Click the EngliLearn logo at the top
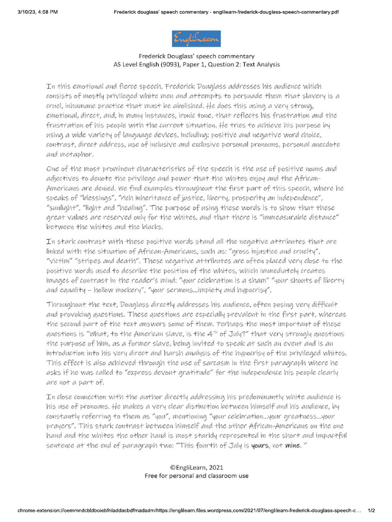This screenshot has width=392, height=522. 196,38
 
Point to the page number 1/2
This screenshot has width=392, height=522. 371,510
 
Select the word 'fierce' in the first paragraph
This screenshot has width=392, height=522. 119,86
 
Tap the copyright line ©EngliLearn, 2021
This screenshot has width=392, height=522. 196,467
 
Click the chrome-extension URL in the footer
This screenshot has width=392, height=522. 189,510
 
